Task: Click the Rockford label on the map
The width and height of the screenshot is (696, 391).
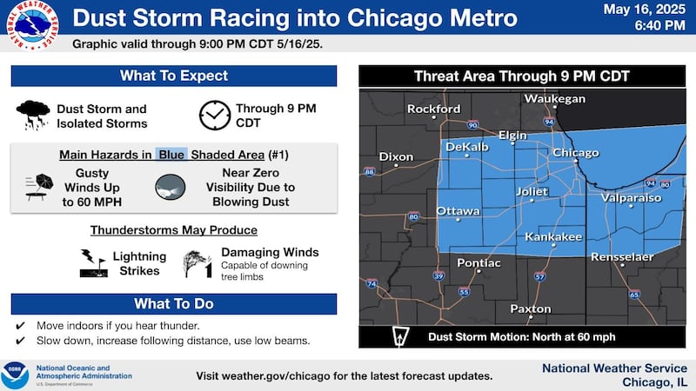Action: tap(434, 109)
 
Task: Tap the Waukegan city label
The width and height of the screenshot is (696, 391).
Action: tap(554, 99)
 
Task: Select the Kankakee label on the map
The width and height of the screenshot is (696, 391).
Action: tap(552, 236)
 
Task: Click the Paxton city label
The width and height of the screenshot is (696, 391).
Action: tap(530, 308)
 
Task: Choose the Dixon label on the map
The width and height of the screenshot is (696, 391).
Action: tap(396, 157)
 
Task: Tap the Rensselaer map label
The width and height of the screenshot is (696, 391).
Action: tap(622, 257)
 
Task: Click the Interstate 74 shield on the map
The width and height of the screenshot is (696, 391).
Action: tap(371, 284)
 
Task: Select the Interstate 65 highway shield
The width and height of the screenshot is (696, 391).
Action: tap(633, 295)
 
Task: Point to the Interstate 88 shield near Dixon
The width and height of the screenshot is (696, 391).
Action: tap(370, 172)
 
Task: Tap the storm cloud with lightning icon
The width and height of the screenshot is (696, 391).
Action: tap(33, 116)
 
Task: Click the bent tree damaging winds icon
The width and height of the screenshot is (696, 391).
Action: tap(197, 263)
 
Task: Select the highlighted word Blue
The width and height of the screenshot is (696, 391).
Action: tap(171, 155)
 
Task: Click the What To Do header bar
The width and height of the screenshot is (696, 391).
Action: tap(174, 304)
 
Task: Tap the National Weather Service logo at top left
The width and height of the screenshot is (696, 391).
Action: tap(31, 27)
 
